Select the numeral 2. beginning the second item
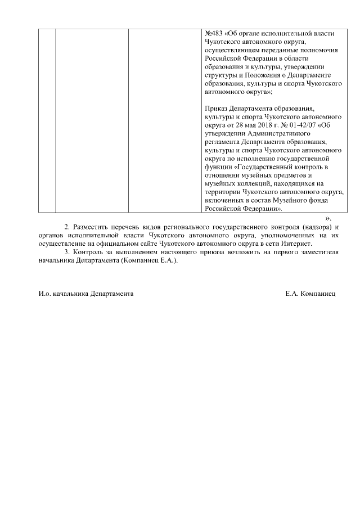[x=67, y=227]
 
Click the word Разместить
[x=92, y=227]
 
